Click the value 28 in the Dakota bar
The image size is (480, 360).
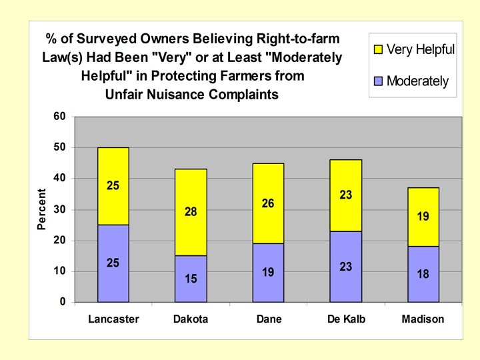pyautogui.click(x=191, y=212)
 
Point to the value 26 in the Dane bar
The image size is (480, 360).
pyautogui.click(x=268, y=203)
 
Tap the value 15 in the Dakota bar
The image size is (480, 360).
pyautogui.click(x=191, y=279)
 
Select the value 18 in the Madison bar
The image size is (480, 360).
pyautogui.click(x=423, y=274)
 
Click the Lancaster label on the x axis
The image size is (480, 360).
pyautogui.click(x=113, y=319)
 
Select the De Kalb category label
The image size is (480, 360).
pyautogui.click(x=345, y=319)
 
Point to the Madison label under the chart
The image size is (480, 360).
pyautogui.click(x=423, y=319)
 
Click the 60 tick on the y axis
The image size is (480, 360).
pyautogui.click(x=60, y=117)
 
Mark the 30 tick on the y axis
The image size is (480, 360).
pyautogui.click(x=60, y=209)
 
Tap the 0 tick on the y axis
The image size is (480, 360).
pyautogui.click(x=63, y=302)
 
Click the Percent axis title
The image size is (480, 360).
pyautogui.click(x=42, y=209)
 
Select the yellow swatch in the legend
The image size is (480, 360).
pyautogui.click(x=378, y=50)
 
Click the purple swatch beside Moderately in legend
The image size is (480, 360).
pyautogui.click(x=378, y=82)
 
